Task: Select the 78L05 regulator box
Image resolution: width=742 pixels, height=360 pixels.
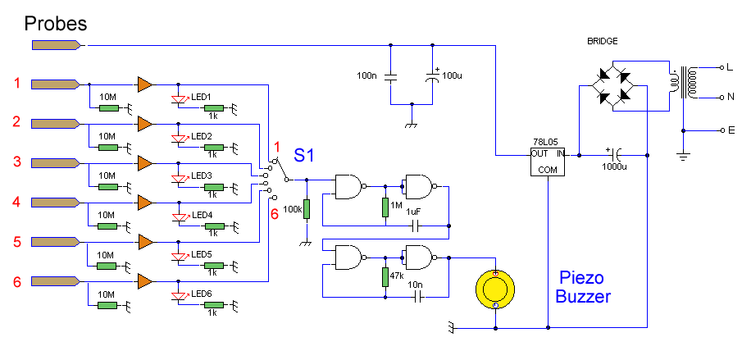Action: click(547, 161)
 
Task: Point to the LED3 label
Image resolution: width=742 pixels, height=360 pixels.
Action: click(202, 175)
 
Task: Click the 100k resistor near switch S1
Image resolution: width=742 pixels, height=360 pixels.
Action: click(306, 210)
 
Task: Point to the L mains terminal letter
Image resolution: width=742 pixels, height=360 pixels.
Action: click(722, 66)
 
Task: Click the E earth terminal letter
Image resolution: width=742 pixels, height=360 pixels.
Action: click(722, 130)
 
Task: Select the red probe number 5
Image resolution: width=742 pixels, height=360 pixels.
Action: click(16, 241)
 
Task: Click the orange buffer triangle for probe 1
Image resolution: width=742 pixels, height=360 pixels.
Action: click(145, 84)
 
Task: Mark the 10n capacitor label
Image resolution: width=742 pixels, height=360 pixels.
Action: click(417, 283)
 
